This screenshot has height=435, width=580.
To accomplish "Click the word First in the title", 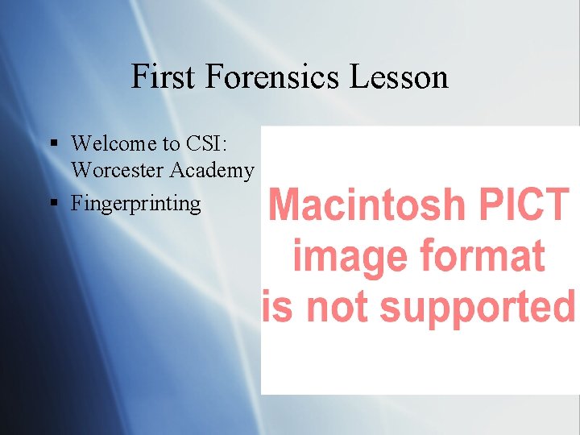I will coord(164,77).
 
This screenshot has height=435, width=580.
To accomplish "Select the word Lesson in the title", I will coord(400,77).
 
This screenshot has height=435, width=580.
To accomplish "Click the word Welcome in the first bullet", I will coord(114,143).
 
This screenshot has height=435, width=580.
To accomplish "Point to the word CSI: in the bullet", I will coord(208,143).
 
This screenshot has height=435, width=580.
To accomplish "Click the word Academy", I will coord(212,171).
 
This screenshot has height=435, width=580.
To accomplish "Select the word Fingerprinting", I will coord(135,203).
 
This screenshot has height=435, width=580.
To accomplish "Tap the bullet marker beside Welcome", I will coord(53,144).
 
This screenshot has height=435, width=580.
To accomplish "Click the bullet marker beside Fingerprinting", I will coord(53,203).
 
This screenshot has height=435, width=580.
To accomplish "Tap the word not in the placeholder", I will coord(335,307).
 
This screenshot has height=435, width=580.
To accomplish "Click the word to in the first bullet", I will coord(171,144).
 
